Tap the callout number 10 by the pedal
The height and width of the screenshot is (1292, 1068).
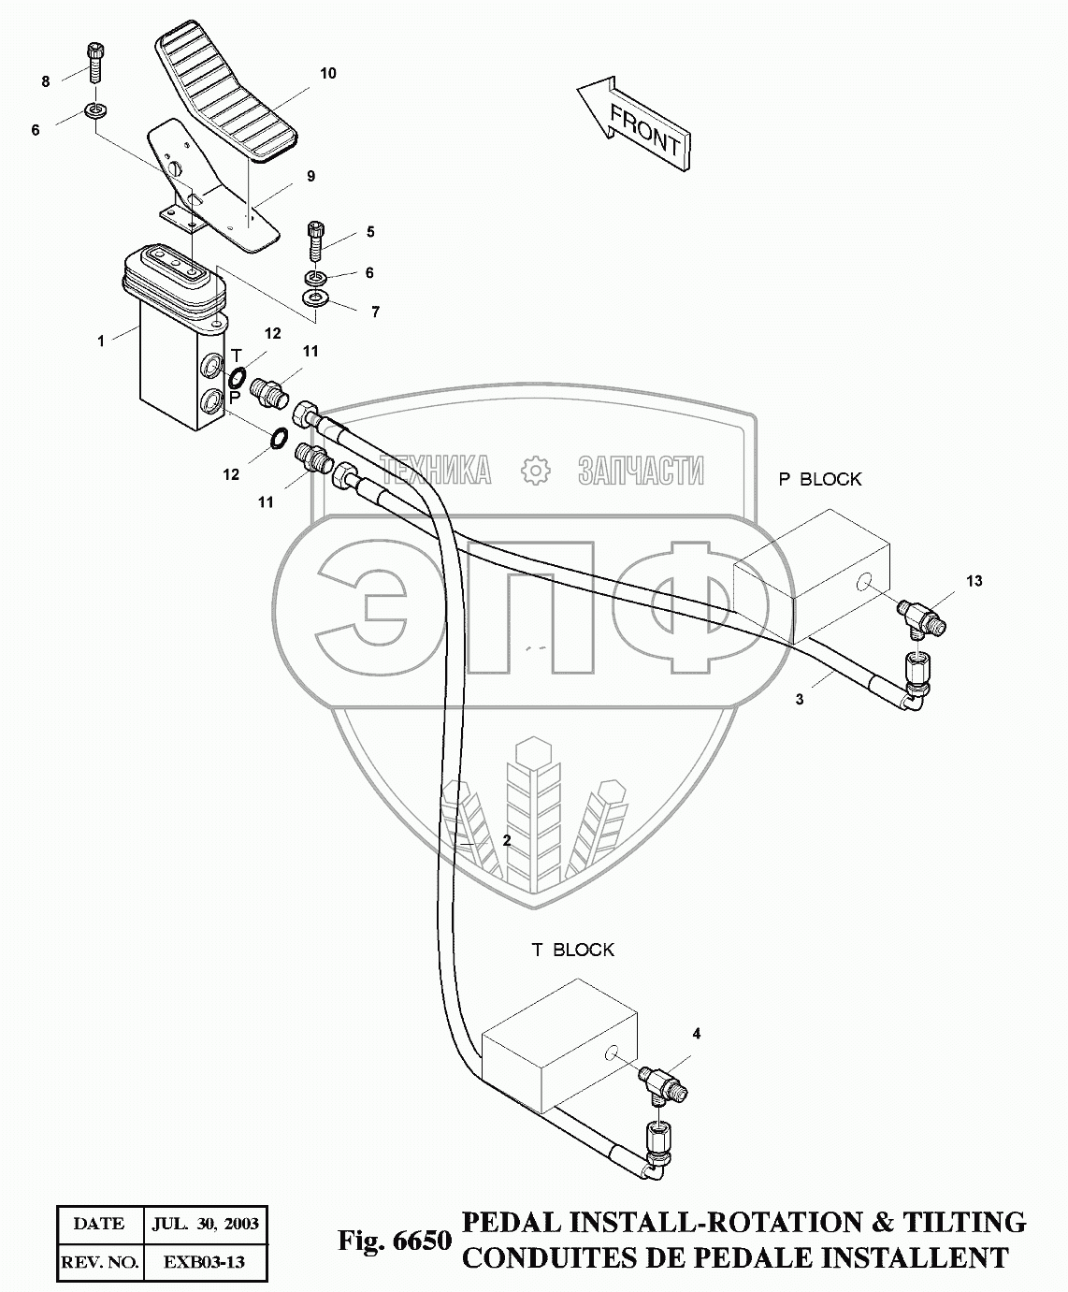pos(327,74)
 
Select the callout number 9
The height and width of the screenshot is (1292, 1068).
pos(311,176)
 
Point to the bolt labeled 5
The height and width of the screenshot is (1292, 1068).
pos(316,239)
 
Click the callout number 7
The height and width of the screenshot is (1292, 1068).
pos(376,312)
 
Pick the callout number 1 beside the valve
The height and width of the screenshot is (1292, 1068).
pos(101,341)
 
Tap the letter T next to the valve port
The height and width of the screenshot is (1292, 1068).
pos(236,356)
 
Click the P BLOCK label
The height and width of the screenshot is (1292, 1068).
pos(820,479)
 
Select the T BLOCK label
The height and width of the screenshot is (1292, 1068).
pos(573,950)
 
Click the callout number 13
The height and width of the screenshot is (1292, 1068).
pos(974,581)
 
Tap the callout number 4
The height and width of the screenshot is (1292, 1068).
pos(696,1034)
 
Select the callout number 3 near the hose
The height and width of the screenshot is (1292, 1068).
pos(800,699)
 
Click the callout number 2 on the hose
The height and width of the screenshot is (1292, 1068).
pos(507,840)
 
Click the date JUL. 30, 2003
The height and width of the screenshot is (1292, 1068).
pos(204,1224)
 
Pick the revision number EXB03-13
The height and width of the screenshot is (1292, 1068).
pos(204,1262)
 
